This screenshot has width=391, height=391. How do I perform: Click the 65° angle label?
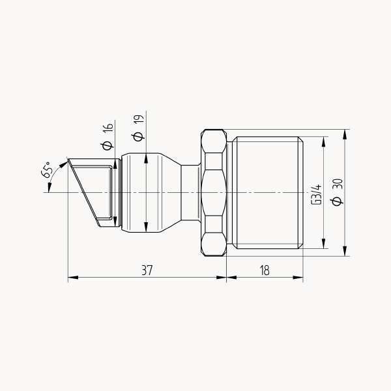click(x=48, y=169)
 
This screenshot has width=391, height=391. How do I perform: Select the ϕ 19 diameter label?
click(x=139, y=128)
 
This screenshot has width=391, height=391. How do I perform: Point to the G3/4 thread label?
click(x=317, y=195)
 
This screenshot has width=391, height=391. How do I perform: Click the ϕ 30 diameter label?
click(x=338, y=192)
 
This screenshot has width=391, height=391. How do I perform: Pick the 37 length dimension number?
click(x=147, y=270)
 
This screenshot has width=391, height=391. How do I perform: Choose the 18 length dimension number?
click(x=265, y=270)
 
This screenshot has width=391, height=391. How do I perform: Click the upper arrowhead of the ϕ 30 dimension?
click(x=345, y=134)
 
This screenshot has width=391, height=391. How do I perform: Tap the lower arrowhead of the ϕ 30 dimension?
click(x=345, y=251)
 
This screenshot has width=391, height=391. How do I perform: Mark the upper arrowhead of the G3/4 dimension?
click(x=323, y=141)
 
